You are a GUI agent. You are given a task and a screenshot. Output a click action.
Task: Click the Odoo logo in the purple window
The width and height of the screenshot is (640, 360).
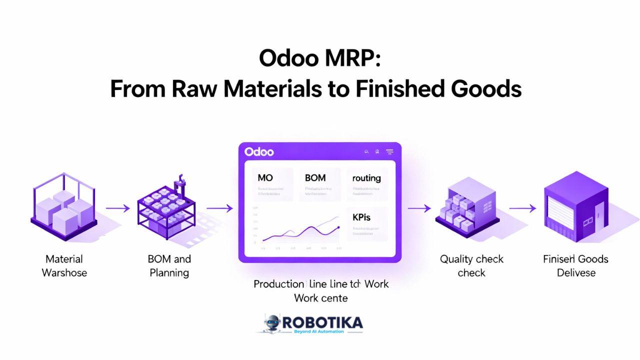tap(259, 151)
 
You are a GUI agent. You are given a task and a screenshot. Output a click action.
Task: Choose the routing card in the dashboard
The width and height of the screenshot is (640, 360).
tap(366, 184)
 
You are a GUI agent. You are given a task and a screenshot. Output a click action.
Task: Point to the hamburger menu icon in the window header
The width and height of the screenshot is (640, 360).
tap(390, 151)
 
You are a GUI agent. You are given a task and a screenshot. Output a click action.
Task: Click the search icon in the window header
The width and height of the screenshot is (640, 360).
tap(367, 151)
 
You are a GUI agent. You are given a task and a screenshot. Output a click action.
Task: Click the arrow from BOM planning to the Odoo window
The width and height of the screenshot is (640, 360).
tap(219, 208)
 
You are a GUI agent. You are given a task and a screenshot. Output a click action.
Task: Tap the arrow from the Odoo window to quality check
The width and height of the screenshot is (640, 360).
tap(419, 208)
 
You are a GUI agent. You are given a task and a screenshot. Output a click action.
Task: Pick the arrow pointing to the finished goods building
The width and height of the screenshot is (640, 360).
tap(522, 208)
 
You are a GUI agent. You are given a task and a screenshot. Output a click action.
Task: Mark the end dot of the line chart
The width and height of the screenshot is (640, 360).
tap(339, 227)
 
